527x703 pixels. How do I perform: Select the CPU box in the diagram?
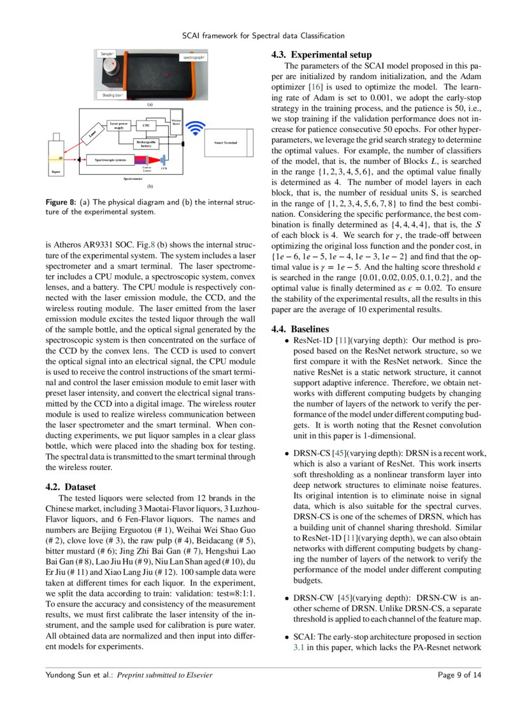tap(145, 126)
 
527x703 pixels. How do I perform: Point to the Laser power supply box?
tap(119, 126)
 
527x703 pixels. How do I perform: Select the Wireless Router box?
tap(177, 121)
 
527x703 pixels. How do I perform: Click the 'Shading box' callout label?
tap(110, 95)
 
